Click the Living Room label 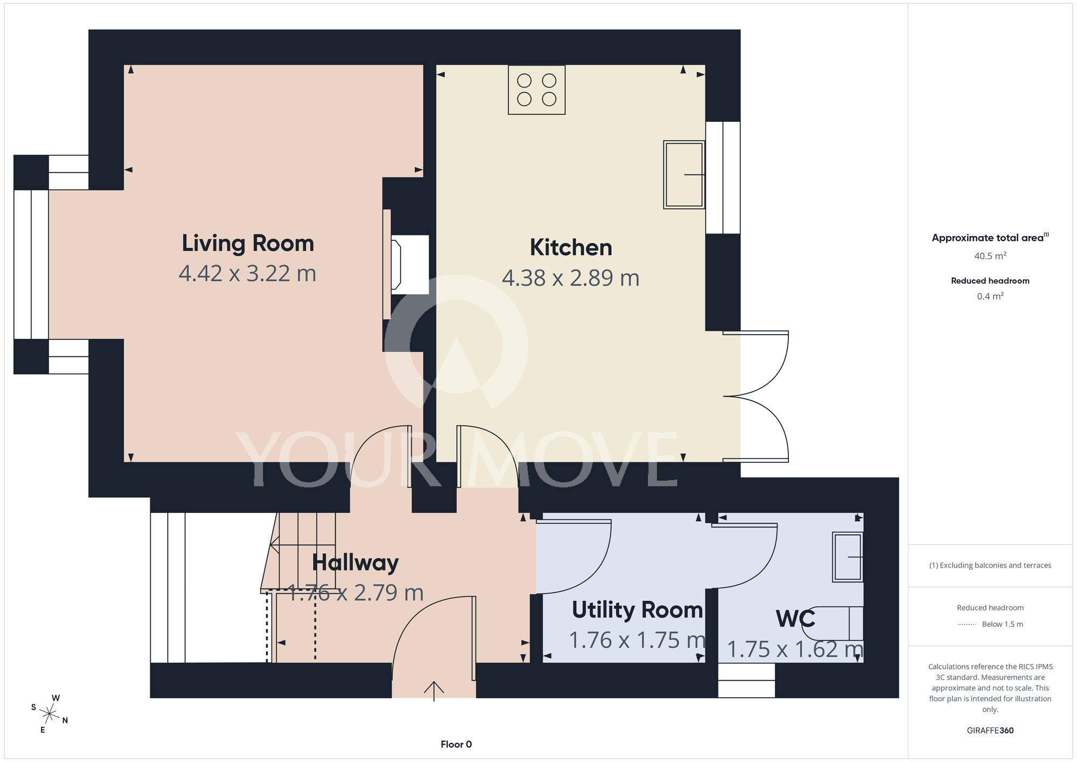pyautogui.click(x=248, y=243)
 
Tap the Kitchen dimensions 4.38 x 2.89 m pyautogui.click(x=571, y=278)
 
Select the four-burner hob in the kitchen pyautogui.click(x=537, y=90)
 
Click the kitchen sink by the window pyautogui.click(x=684, y=175)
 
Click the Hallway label pyautogui.click(x=355, y=563)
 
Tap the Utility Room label pyautogui.click(x=638, y=610)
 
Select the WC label pyautogui.click(x=795, y=619)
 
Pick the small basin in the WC pyautogui.click(x=848, y=557)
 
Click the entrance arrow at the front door pyautogui.click(x=434, y=691)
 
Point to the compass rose pyautogui.click(x=50, y=714)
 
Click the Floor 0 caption pyautogui.click(x=456, y=744)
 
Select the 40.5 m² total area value pyautogui.click(x=990, y=255)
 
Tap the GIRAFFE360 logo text pyautogui.click(x=990, y=731)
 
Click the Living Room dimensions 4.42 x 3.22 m pyautogui.click(x=248, y=274)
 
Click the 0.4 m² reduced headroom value pyautogui.click(x=990, y=296)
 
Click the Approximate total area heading pyautogui.click(x=990, y=238)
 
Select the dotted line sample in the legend pyautogui.click(x=967, y=625)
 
